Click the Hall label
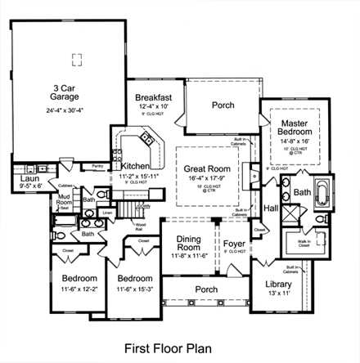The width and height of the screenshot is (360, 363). pyautogui.click(x=270, y=208)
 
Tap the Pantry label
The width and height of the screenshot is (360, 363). pyautogui.click(x=97, y=165)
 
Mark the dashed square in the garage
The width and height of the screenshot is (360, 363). pyautogui.click(x=77, y=58)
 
